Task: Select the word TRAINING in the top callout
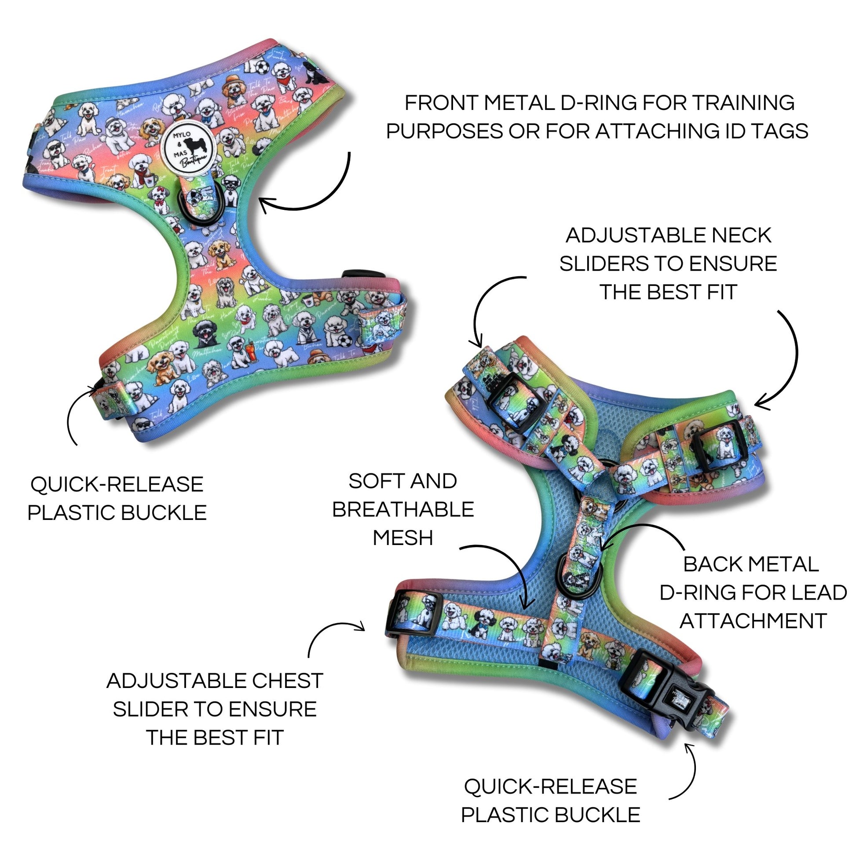743,103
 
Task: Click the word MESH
403,538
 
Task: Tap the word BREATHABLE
403,509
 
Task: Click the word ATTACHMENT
753,621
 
